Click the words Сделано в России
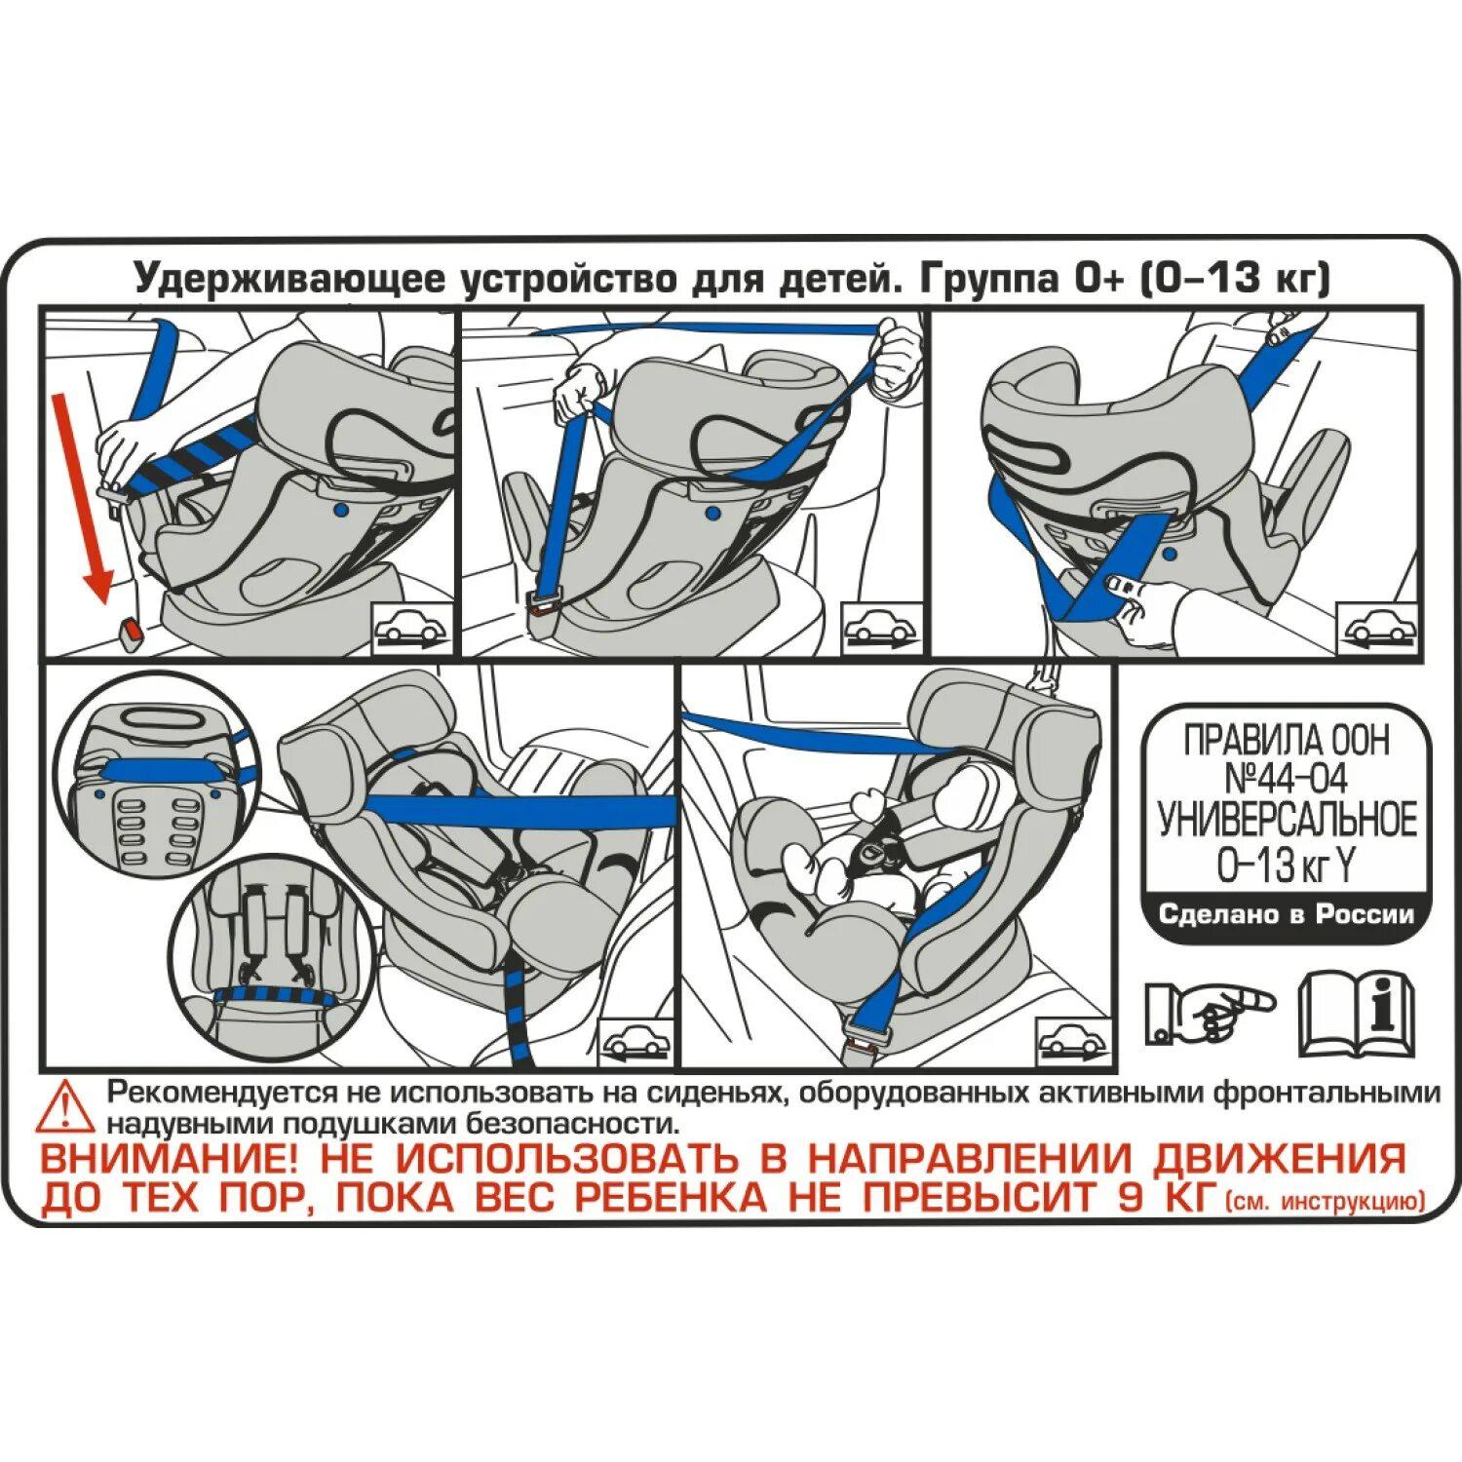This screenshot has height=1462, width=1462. click(1286, 914)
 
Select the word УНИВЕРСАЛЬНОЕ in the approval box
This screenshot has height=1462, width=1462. click(1287, 821)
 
